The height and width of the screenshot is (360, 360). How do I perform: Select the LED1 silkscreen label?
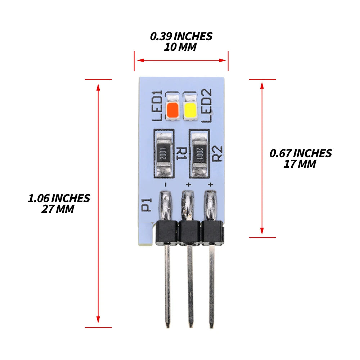158,105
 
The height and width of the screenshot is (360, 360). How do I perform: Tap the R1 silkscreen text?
181,153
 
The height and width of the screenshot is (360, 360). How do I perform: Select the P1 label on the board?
146,204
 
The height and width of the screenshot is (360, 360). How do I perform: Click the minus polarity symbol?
165,185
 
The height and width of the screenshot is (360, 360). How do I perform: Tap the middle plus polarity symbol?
189,185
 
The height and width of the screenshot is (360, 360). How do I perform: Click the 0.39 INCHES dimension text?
181,36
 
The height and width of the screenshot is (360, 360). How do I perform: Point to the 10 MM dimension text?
180,47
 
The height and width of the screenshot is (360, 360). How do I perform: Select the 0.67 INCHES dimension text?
301,153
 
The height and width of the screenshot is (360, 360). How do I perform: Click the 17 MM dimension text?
300,164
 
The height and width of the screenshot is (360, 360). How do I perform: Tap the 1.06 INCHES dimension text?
59,198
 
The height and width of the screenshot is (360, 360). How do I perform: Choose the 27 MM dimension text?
58,209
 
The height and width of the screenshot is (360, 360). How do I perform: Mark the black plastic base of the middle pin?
190,232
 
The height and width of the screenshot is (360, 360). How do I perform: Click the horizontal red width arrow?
181,60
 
